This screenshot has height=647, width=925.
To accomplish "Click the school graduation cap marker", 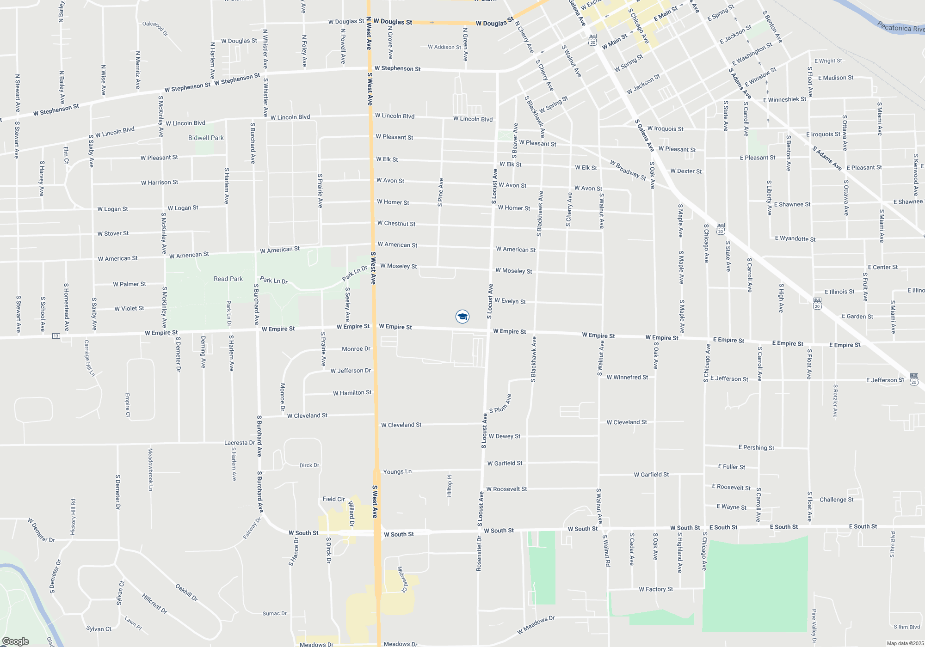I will pos(462,317).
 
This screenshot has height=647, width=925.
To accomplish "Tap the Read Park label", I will pos(228,279).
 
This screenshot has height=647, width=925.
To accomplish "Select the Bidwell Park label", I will pos(206,138).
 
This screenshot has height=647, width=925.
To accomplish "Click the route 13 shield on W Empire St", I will pos(56,336).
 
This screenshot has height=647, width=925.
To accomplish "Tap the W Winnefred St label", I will pos(627,377).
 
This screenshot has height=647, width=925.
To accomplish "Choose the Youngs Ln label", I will pos(397,471).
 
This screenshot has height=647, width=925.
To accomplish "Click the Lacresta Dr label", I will pos(240,442).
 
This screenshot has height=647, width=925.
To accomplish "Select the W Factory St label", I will pos(656,589).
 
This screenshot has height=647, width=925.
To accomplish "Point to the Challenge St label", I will pos(836,500).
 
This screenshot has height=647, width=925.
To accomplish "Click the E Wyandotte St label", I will pos(795,238).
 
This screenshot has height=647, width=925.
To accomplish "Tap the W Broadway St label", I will pos(628,170).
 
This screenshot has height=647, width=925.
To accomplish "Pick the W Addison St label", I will pos(444,47).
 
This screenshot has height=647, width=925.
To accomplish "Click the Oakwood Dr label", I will pos(155,28).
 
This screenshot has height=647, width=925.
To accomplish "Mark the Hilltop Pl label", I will pos(449,485).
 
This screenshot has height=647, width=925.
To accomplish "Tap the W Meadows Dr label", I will pos(536,624).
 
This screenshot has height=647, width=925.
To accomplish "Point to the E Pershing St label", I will pos(756,447).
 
